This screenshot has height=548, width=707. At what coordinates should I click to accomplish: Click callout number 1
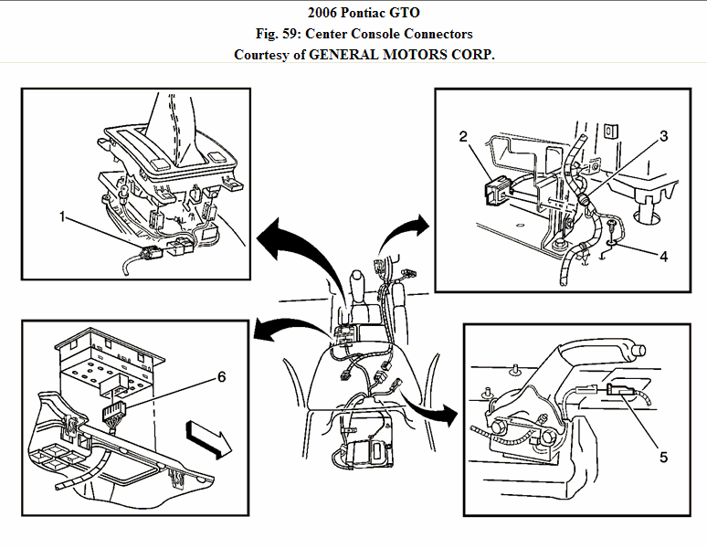point(61,216)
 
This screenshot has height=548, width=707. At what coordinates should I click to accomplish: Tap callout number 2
point(463,136)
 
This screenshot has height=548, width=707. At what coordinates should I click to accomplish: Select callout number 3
point(664,136)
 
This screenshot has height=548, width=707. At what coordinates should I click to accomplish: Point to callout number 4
point(664,257)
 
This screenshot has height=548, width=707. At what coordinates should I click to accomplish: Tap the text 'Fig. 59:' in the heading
point(281,33)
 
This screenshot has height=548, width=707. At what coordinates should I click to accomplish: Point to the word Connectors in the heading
point(434,33)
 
